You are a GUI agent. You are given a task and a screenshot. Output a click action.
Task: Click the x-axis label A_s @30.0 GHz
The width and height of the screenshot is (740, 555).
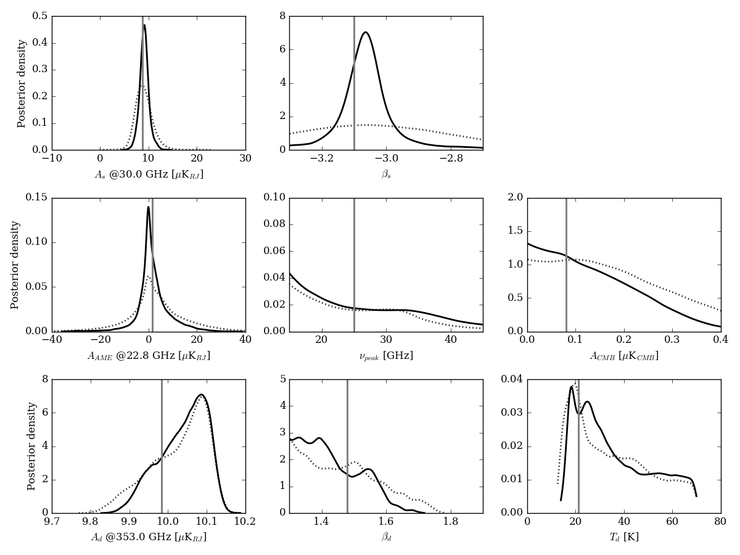point(149,175)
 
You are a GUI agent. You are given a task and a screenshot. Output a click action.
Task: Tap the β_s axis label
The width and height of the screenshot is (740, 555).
point(386,175)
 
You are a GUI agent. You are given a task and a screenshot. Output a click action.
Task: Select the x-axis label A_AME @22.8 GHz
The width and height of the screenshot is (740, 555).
point(149,356)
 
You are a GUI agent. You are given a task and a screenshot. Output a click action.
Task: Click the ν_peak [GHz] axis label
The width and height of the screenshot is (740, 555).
point(386,356)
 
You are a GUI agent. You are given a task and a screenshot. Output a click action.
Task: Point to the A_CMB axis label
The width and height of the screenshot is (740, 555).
point(623,356)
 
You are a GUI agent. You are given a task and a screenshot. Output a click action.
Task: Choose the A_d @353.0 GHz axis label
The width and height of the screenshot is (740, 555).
point(149,537)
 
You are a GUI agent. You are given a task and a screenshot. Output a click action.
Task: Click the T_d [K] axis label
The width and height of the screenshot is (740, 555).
point(623,537)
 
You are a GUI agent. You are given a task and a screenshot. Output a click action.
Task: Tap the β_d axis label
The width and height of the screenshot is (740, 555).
point(386,537)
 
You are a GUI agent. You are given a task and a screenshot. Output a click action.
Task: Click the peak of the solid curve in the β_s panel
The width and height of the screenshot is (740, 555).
point(366,32)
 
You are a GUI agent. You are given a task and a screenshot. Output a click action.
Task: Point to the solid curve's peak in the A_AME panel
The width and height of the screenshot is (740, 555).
point(148,207)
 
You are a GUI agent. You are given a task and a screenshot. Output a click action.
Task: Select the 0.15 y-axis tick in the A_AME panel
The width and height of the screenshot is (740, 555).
point(36,197)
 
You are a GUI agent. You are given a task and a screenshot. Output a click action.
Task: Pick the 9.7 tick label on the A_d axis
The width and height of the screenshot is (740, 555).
point(52,522)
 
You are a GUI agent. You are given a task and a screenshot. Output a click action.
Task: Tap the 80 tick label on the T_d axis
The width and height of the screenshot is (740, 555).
point(720,522)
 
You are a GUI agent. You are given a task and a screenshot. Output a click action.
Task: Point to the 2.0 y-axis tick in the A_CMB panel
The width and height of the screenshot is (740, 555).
point(516,197)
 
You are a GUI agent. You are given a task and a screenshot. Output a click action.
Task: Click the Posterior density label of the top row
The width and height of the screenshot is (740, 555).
point(22,83)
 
